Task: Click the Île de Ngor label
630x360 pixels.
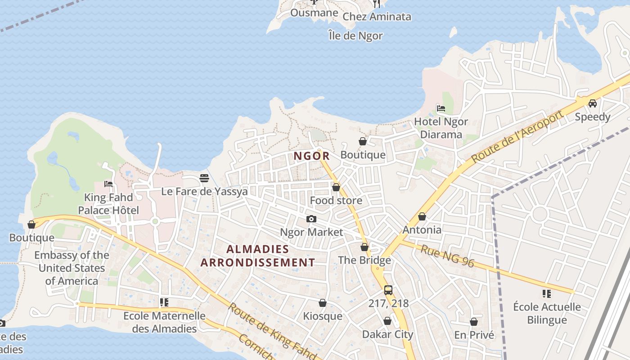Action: (355, 36)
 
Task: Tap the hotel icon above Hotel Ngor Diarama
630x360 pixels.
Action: (441, 108)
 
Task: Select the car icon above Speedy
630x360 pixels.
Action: (593, 103)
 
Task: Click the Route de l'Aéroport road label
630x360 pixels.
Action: (517, 137)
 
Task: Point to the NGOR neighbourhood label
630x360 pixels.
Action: (311, 156)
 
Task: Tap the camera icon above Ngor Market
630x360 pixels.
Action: (311, 219)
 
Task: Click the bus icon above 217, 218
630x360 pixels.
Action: (388, 290)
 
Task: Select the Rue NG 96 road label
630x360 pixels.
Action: (447, 256)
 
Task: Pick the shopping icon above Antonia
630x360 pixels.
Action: (422, 217)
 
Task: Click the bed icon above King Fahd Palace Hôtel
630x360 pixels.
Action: (108, 184)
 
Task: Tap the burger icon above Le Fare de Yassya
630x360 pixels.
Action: (204, 178)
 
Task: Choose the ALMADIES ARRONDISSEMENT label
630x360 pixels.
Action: (257, 256)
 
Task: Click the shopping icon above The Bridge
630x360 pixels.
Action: (364, 247)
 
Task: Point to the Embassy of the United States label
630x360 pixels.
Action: (72, 268)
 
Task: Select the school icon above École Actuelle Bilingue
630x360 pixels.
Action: (547, 294)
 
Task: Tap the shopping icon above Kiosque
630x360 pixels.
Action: (322, 303)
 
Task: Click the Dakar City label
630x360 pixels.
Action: (387, 334)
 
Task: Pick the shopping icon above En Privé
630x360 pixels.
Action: (474, 322)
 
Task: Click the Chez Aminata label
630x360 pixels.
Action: (377, 17)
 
